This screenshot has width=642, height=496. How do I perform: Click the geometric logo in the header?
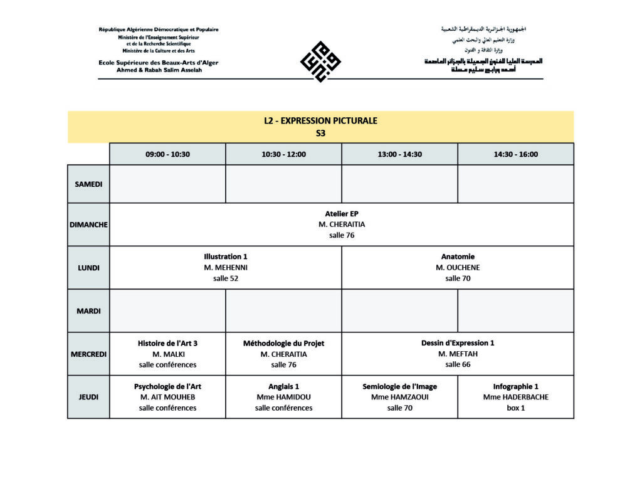coord(320,61)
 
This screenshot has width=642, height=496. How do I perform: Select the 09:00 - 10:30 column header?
coord(167,154)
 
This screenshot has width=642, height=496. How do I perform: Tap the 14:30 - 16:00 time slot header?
coord(515,154)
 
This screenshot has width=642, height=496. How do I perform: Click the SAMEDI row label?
coord(88,184)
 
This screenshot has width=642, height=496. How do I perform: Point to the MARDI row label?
coord(88,311)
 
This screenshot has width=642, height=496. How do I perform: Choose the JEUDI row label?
coord(88,397)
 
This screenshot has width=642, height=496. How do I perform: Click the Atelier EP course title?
coord(342,214)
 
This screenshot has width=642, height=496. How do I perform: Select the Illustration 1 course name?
coord(226,256)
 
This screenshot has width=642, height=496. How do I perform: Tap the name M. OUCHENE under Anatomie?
coord(458,268)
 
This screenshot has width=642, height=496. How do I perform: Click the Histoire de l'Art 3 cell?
coord(167,354)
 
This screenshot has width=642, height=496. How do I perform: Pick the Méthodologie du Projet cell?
coord(283,354)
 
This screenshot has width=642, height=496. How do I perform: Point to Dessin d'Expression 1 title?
coord(458,343)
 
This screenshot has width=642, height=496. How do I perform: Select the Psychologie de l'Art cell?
coord(167,397)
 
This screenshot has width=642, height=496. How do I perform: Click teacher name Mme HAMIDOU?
coord(283,397)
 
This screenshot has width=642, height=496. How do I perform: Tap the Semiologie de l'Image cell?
coord(399,397)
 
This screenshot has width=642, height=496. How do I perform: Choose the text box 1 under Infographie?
coord(515,408)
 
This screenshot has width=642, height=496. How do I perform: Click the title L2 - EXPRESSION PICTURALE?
coord(320,121)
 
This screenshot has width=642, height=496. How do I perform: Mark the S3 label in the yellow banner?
coord(320,133)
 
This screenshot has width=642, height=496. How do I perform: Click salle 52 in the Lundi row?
coord(226,278)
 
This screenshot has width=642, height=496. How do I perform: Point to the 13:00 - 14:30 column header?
coord(399,154)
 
